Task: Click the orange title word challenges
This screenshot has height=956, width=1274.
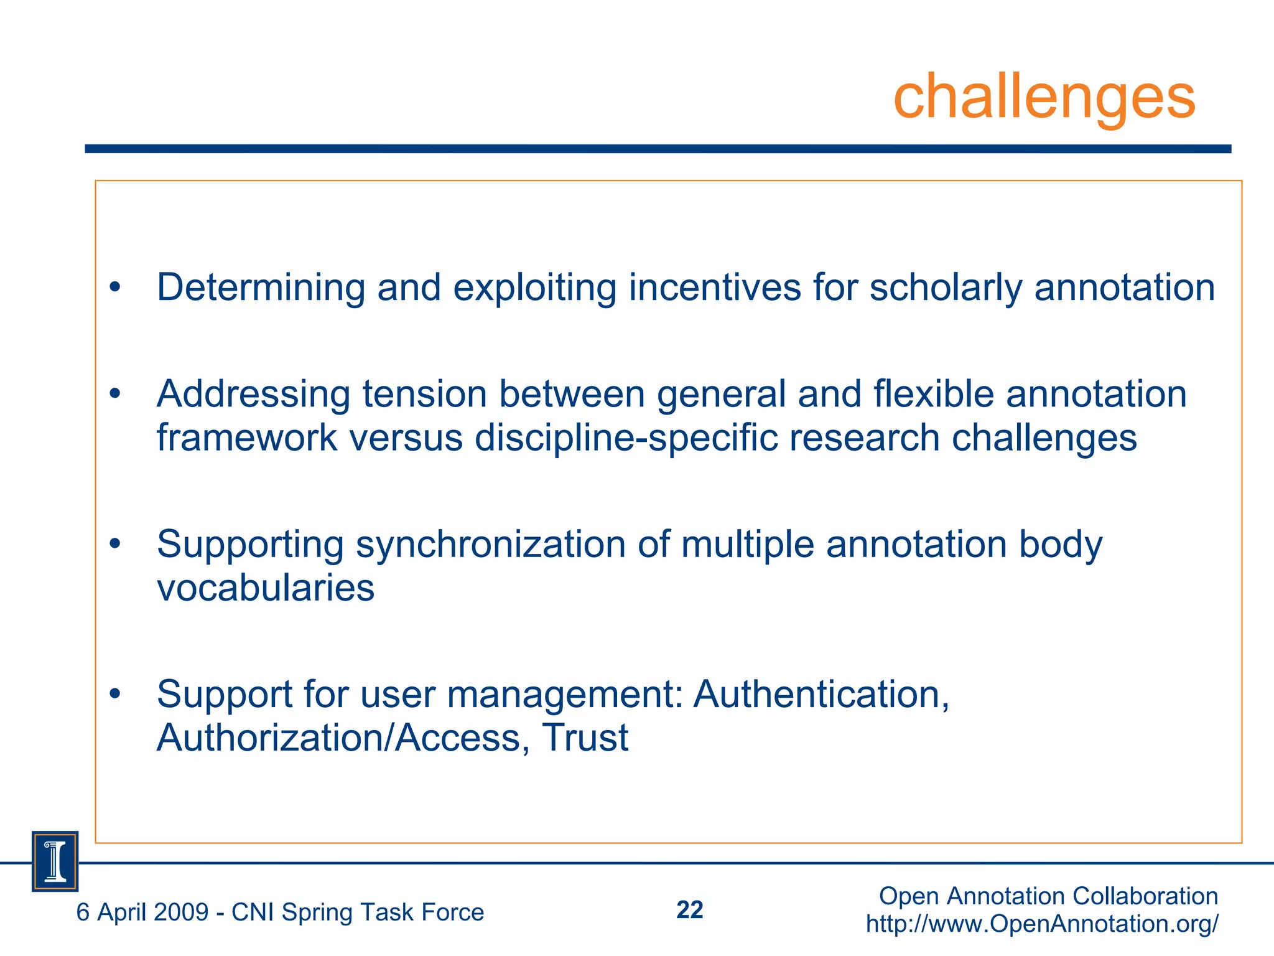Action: pyautogui.click(x=1044, y=96)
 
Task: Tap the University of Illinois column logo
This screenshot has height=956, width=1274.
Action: pyautogui.click(x=55, y=861)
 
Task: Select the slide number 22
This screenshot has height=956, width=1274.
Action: pyautogui.click(x=689, y=910)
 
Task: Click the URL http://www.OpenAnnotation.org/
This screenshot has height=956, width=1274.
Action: pyautogui.click(x=1042, y=924)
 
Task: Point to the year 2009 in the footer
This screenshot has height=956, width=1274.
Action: pyautogui.click(x=180, y=912)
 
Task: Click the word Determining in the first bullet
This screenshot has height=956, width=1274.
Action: pyautogui.click(x=261, y=288)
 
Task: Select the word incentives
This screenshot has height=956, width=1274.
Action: pyautogui.click(x=715, y=288)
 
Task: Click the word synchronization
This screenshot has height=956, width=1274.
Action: pyautogui.click(x=490, y=545)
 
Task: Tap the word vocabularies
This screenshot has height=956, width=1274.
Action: pyautogui.click(x=266, y=588)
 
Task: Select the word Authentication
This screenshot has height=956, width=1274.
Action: pyautogui.click(x=821, y=694)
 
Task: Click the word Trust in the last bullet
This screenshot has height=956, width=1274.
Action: pyautogui.click(x=585, y=738)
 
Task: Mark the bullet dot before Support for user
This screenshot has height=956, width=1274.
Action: pyautogui.click(x=114, y=694)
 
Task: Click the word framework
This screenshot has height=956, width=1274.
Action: pyautogui.click(x=246, y=438)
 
